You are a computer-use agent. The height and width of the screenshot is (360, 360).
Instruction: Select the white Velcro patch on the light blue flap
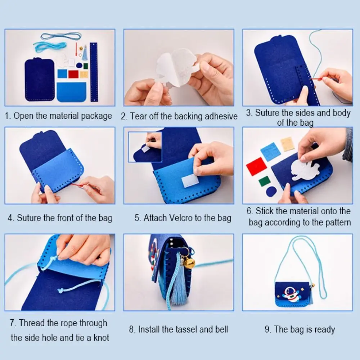[x=190, y=180]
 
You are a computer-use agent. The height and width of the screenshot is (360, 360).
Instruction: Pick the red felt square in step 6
[x=256, y=166]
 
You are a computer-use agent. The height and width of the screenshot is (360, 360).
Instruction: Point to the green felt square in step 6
[x=264, y=181]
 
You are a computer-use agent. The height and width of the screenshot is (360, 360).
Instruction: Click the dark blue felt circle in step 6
[x=271, y=191]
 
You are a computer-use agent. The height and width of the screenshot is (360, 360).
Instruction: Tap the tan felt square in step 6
[x=287, y=144]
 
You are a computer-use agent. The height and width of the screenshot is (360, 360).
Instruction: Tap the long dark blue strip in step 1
[x=94, y=72]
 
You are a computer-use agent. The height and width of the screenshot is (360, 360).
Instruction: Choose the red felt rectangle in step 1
[x=73, y=74]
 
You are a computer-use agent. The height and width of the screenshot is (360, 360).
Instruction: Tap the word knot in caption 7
[x=100, y=337]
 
